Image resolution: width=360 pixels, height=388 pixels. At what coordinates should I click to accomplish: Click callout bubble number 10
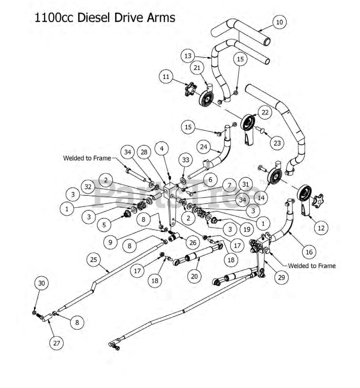279,22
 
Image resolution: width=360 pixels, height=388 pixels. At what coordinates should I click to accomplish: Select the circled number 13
188,56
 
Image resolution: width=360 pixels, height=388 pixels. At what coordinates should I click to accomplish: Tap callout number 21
197,68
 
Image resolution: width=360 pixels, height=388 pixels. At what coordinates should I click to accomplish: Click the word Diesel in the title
94,17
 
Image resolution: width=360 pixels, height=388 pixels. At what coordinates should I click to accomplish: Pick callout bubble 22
265,112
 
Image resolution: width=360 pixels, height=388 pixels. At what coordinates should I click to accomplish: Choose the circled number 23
277,143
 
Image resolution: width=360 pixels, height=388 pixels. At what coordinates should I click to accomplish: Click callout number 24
204,147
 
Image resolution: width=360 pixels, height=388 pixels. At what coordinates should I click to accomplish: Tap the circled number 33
186,160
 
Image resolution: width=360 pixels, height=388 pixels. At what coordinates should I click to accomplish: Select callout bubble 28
144,152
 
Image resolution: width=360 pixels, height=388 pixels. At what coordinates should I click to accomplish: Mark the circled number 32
88,187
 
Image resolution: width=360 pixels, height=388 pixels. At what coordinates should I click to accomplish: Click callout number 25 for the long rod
94,260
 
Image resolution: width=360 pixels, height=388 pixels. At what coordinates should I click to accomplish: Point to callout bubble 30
42,283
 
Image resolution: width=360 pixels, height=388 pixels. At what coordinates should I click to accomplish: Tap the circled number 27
56,343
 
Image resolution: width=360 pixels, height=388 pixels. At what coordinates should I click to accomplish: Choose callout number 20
194,276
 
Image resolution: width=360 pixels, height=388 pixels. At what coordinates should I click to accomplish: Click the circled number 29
281,277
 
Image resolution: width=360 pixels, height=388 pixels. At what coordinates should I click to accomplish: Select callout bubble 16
309,252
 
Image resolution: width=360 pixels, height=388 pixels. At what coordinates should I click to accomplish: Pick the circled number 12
321,228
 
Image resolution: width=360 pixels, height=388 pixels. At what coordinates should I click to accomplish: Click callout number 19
247,229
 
